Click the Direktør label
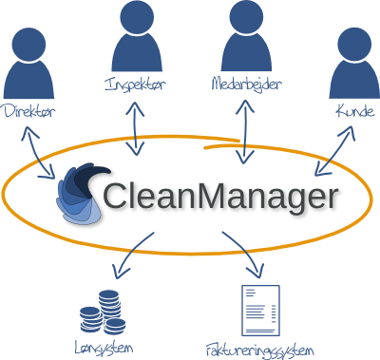click(28, 112)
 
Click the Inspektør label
click(135, 85)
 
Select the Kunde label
click(351, 112)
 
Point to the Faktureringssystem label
click(258, 350)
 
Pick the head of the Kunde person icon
click(352, 46)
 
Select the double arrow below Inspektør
click(140, 126)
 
